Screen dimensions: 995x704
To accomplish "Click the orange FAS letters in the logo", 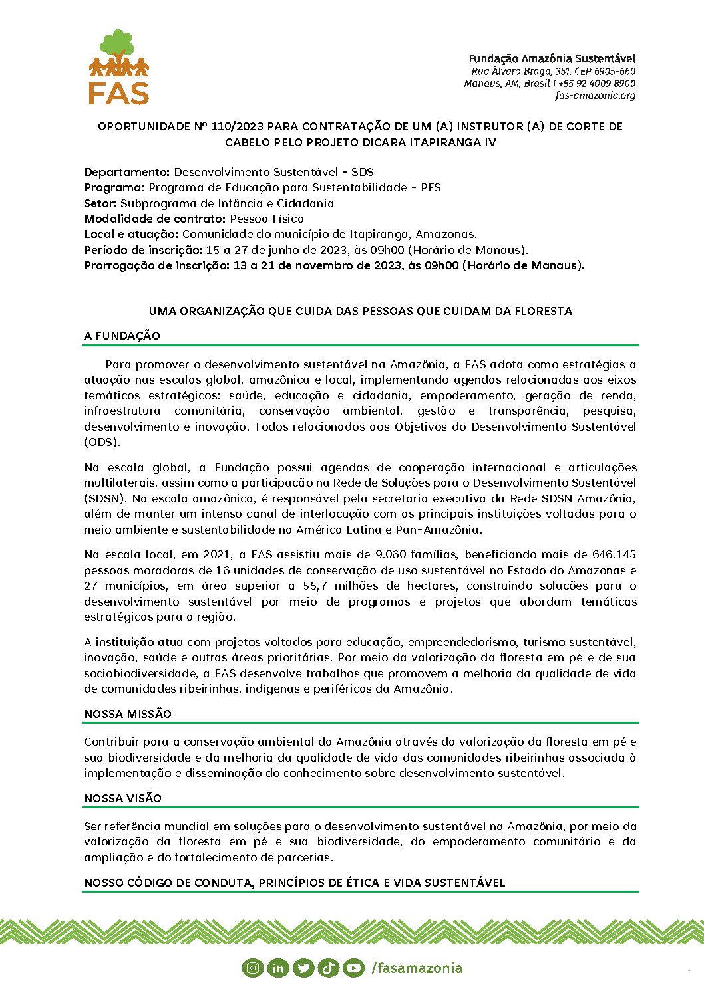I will pyautogui.click(x=118, y=92).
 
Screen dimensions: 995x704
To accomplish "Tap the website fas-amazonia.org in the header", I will pyautogui.click(x=595, y=96).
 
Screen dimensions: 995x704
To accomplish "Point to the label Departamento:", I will pyautogui.click(x=127, y=172).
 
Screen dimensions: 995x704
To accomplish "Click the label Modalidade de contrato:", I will pyautogui.click(x=155, y=219).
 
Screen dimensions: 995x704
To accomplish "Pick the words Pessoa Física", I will pyautogui.click(x=267, y=219).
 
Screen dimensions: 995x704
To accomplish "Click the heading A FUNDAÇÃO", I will pyautogui.click(x=122, y=336).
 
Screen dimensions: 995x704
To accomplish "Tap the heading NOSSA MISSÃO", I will pyautogui.click(x=128, y=714).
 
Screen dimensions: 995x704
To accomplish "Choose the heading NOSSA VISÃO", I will pyautogui.click(x=123, y=798).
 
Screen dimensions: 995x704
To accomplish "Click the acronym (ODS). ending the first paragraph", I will pyautogui.click(x=102, y=442).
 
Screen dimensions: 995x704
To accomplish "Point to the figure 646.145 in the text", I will pyautogui.click(x=614, y=554).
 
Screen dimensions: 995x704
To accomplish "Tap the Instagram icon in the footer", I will pyautogui.click(x=252, y=968).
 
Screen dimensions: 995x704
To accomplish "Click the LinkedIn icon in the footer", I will pyautogui.click(x=277, y=968).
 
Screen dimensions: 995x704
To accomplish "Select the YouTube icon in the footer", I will pyautogui.click(x=353, y=968).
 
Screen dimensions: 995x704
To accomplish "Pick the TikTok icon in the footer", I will pyautogui.click(x=328, y=968).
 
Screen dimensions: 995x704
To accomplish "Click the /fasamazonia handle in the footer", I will pyautogui.click(x=417, y=968).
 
